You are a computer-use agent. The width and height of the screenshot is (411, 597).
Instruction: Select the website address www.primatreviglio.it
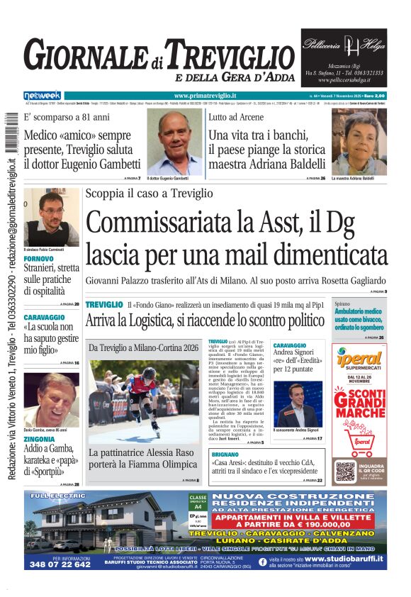(x=205, y=95)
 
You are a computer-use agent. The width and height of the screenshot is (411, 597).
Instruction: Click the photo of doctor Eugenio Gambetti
(x=174, y=142)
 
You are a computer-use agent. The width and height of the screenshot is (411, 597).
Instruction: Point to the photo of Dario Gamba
(x=51, y=401)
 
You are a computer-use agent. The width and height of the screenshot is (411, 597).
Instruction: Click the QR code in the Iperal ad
(x=345, y=472)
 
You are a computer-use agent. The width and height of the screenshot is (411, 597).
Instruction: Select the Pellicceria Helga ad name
(x=343, y=45)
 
